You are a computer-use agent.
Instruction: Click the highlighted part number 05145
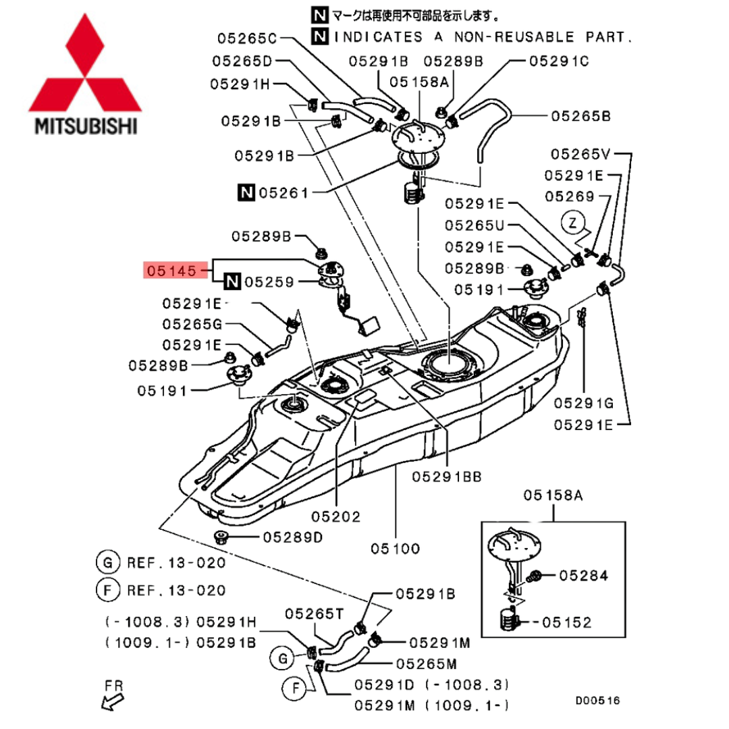tap(171, 271)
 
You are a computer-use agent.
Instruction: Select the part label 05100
tap(395, 549)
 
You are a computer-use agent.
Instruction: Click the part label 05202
tap(335, 516)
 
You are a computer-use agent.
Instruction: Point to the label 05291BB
tap(447, 477)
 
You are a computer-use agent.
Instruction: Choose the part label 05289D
tap(293, 537)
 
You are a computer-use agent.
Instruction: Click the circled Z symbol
tap(573, 223)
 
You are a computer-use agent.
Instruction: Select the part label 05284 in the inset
tap(583, 576)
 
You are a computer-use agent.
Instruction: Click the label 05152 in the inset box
tap(567, 622)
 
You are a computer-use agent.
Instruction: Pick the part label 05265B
tap(580, 116)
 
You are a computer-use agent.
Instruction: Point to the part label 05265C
tap(247, 38)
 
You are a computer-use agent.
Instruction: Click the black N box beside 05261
tap(246, 192)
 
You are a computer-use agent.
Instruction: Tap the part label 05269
tap(570, 196)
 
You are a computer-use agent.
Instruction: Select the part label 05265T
tap(315, 614)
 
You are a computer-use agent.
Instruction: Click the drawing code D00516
tap(597, 700)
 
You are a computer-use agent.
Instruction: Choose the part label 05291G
tap(583, 403)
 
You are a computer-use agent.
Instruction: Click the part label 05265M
tap(427, 664)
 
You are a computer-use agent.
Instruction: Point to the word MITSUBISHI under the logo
tap(86, 126)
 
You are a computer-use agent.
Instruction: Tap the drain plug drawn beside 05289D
tap(221, 538)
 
